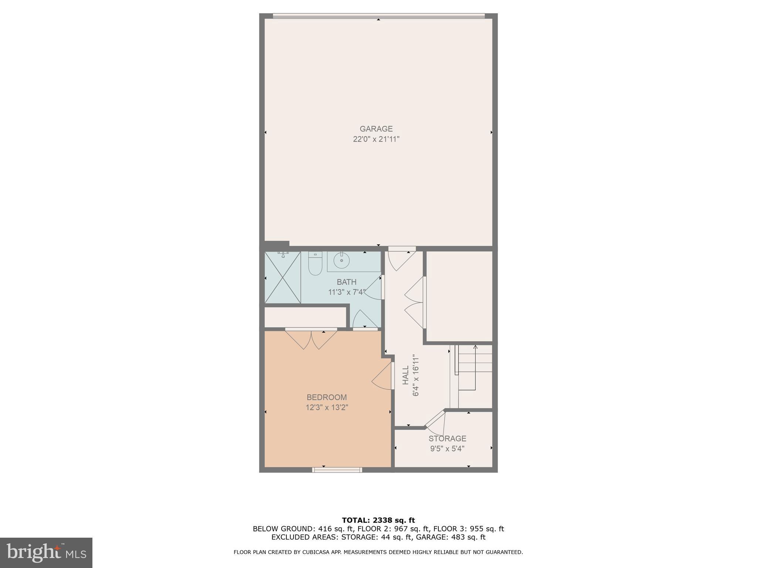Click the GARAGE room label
376,129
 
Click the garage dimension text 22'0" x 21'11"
376,139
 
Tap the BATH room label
346,282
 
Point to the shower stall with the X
283,277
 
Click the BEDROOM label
327,397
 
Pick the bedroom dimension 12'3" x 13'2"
327,408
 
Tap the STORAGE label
447,439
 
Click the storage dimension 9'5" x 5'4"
447,449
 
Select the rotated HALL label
406,375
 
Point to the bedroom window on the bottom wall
337,470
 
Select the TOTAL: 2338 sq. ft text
378,520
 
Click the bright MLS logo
46,553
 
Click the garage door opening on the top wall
378,16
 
